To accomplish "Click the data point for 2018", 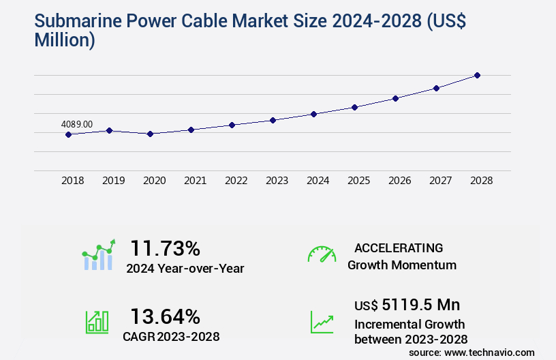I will [68, 134].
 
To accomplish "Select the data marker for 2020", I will [150, 134].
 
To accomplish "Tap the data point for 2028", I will [477, 75].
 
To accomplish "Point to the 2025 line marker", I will [354, 107].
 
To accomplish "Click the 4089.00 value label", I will [77, 124].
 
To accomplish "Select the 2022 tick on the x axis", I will [236, 181].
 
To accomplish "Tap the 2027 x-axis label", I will [440, 181].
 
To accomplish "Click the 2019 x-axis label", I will [113, 181].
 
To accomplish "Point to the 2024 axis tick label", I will [318, 181].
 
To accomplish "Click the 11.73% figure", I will [165, 247].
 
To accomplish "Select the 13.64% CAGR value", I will [165, 316].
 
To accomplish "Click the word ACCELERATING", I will [399, 248].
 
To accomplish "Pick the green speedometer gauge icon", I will [322, 254].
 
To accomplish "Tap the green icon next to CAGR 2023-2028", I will [97, 321].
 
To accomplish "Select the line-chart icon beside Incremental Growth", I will [322, 322].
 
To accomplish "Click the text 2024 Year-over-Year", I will [185, 269].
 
